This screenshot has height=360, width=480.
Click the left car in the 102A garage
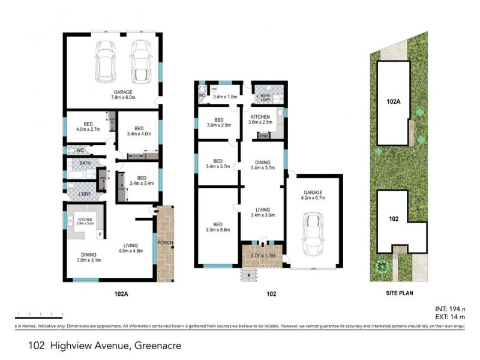tap(106, 62)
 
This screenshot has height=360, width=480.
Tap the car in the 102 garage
tap(313, 234)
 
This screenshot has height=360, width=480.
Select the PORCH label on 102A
tap(164, 242)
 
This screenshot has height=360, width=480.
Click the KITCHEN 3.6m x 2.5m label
tap(260, 119)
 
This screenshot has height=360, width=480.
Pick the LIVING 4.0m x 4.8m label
tap(130, 248)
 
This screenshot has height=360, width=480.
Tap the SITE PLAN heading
tap(400, 294)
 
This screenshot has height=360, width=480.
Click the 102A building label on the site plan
tap(393, 103)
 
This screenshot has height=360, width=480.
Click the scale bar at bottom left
tap(39, 316)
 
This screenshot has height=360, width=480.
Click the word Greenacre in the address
tap(157, 346)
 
